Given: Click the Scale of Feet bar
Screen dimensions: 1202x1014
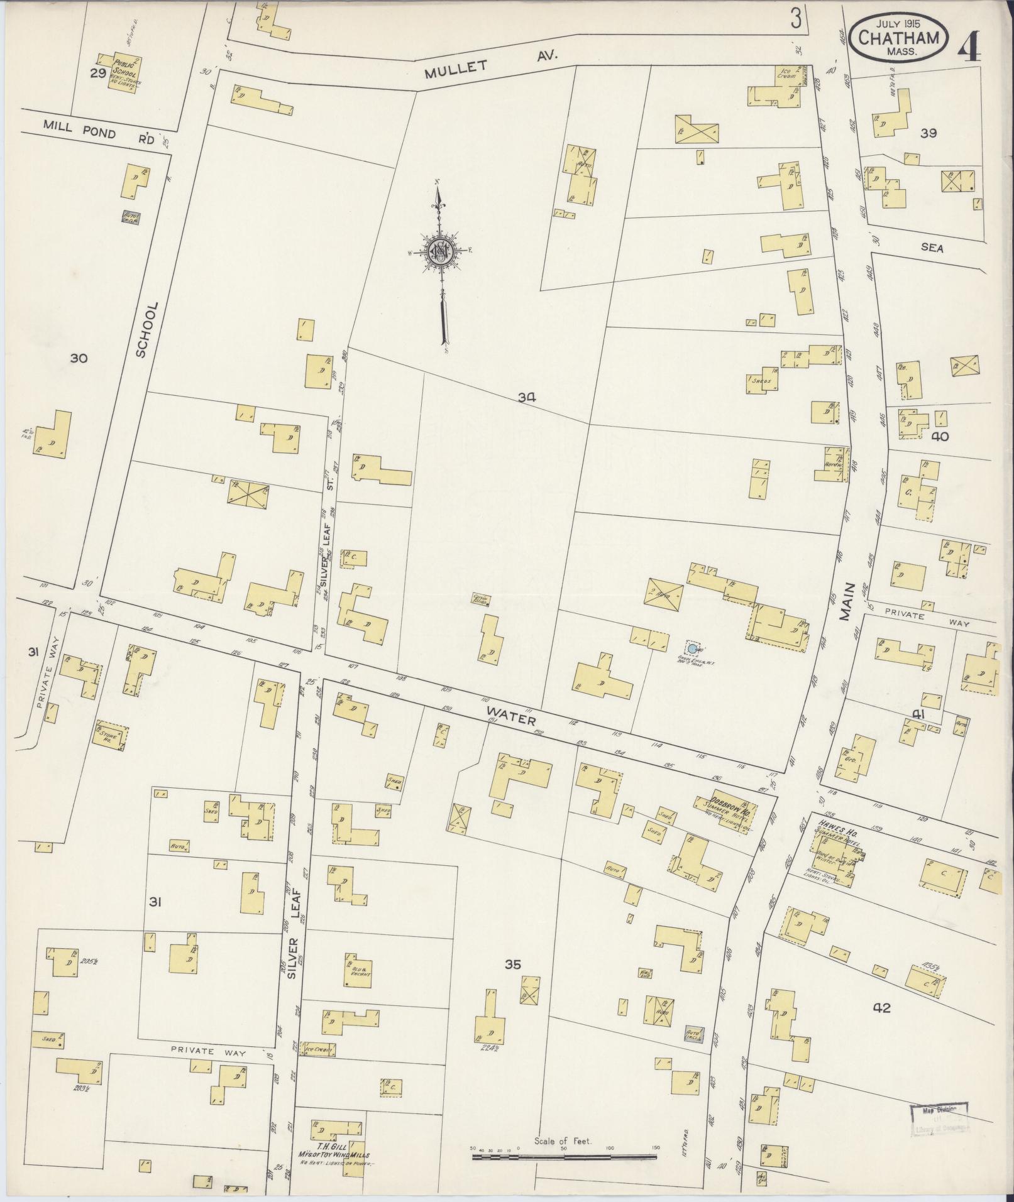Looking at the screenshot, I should click(x=563, y=1155).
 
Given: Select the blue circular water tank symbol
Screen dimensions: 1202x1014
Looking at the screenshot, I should click(x=692, y=648).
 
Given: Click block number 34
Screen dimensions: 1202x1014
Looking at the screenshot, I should click(x=527, y=397).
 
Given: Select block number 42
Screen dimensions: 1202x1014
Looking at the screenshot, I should click(x=881, y=1008).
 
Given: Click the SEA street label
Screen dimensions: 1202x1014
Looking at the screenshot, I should click(x=932, y=248).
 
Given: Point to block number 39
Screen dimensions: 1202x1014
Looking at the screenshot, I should click(x=929, y=133).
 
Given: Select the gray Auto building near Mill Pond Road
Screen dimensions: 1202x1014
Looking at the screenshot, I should click(x=131, y=217).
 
